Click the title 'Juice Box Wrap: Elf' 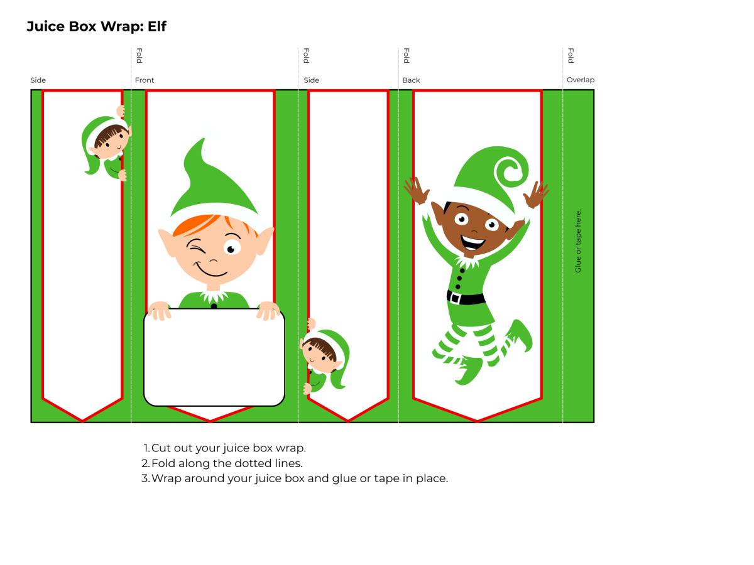(96, 26)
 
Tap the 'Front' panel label (144, 80)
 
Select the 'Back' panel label (411, 80)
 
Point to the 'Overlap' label (580, 80)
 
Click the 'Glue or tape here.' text (578, 240)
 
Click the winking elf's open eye (232, 248)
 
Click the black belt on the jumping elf (466, 297)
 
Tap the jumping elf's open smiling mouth (473, 240)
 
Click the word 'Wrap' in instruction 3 (165, 478)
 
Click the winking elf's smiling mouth (212, 271)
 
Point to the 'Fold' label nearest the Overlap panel (571, 56)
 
